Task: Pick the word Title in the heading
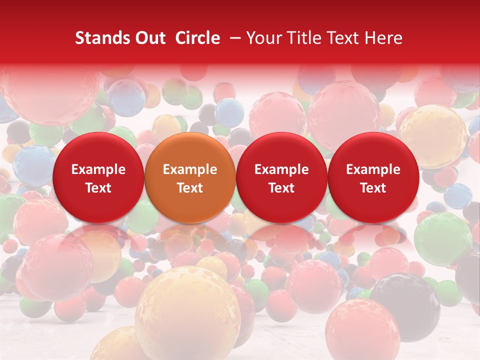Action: point(305,38)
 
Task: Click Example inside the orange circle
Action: point(190,170)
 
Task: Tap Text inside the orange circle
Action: point(190,188)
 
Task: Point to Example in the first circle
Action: point(98,170)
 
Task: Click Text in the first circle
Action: point(98,188)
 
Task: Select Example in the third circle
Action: point(281,170)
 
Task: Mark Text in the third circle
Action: point(281,188)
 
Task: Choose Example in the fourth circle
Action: point(373,170)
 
